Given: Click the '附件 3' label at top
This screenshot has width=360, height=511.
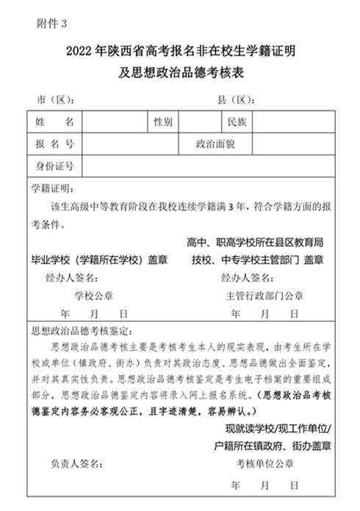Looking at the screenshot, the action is tap(51, 24).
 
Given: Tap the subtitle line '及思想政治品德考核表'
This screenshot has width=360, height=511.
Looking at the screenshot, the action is tap(179, 72).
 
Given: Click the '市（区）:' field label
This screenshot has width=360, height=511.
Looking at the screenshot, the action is tap(54, 99).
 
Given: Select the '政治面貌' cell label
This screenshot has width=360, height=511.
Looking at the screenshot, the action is tap(215, 143).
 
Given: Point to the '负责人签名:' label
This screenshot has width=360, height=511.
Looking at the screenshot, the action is tap(80, 462).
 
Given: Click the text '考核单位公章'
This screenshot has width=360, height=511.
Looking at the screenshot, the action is tap(264, 462).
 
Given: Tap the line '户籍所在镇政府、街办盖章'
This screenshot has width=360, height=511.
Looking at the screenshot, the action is tap(271, 445).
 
